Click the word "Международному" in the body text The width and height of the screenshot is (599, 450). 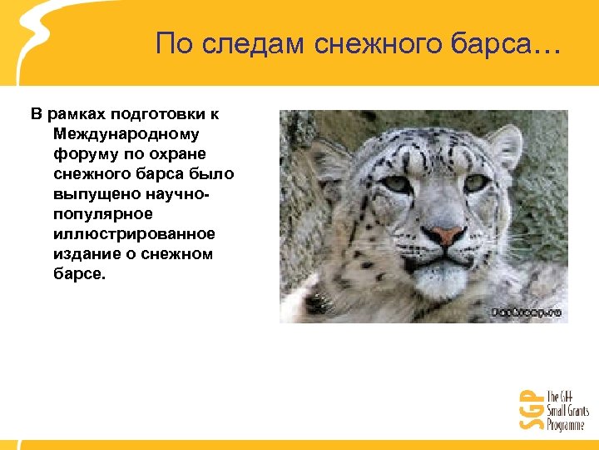pos(131,132)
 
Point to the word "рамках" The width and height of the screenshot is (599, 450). pos(79,112)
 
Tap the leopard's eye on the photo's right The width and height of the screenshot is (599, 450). pos(476,182)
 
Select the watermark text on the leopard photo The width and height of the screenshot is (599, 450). pos(527,312)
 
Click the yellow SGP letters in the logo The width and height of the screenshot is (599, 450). pos(528,408)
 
